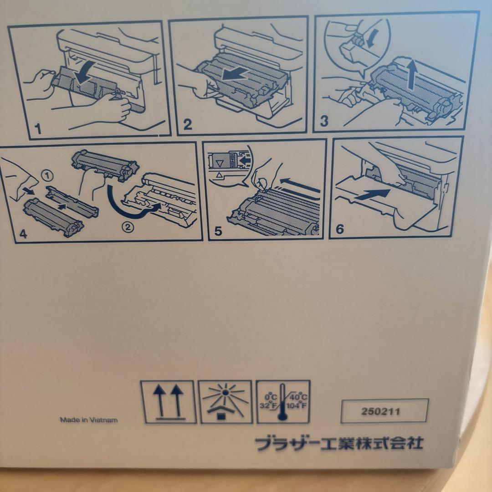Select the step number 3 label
pos(324,122)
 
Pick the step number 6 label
pos(339,229)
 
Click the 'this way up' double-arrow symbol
pos(169,401)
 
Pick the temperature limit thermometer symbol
pos(283,401)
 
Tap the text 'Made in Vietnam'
pos(89,420)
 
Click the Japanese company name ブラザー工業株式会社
pos(338,442)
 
